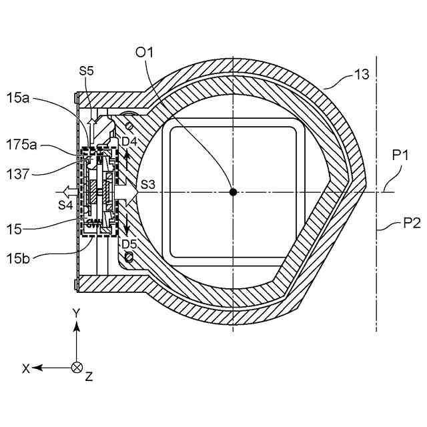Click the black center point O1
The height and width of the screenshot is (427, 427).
[233, 192]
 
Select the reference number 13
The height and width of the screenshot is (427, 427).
[361, 75]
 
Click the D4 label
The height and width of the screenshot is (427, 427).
[129, 141]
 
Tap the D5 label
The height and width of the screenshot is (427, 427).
[129, 244]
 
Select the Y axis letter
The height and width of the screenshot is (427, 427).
[77, 313]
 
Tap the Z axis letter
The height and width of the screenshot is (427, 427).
[89, 377]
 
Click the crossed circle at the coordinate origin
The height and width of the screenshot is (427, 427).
[77, 367]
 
